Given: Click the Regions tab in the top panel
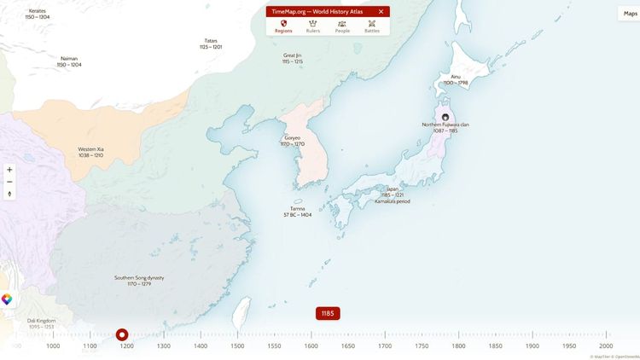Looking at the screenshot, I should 282,26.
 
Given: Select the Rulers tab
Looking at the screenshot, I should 312,26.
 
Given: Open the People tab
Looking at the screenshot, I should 342,26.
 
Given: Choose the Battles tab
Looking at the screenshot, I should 372,26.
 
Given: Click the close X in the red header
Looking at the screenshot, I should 381,11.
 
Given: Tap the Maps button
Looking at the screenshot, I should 630,14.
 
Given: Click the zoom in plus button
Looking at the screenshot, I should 9,170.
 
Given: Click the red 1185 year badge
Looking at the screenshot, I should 328,313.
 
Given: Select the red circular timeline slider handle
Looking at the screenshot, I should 122,334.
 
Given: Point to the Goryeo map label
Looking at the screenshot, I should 293,141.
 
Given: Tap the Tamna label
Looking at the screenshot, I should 297,212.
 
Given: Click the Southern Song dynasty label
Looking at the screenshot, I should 139,281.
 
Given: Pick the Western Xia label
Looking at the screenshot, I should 90,152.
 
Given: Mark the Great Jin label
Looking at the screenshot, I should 293,58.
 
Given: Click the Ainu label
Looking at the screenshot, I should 456,79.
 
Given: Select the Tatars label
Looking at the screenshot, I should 211,44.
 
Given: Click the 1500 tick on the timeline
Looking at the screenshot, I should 237,345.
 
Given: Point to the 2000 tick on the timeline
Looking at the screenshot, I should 606,345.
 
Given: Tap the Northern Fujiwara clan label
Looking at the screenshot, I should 445,127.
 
